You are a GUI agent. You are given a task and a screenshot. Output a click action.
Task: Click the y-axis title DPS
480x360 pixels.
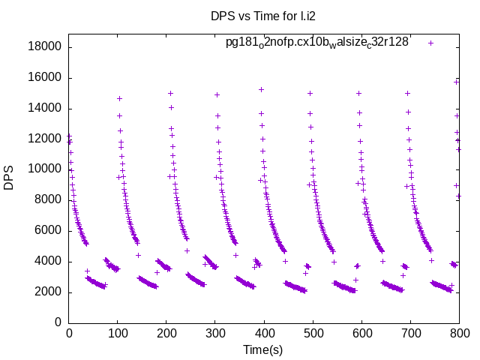pyautogui.click(x=9, y=178)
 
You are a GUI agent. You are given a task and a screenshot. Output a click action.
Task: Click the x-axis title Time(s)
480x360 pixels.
pyautogui.click(x=263, y=349)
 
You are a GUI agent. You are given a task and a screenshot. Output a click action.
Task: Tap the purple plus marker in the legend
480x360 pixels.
pyautogui.click(x=430, y=43)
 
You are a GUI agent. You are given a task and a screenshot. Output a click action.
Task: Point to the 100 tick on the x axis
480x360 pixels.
pyautogui.click(x=118, y=334)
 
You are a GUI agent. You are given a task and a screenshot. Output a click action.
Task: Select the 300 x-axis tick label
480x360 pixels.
pyautogui.click(x=215, y=334)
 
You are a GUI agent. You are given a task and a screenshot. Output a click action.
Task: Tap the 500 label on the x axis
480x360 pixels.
pyautogui.click(x=313, y=334)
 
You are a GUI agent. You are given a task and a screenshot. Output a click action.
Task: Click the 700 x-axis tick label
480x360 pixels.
pyautogui.click(x=410, y=334)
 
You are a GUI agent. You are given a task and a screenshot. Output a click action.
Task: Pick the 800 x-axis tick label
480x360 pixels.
pyautogui.click(x=459, y=334)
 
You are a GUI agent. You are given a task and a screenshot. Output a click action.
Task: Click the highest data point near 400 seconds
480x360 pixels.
pyautogui.click(x=261, y=89)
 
